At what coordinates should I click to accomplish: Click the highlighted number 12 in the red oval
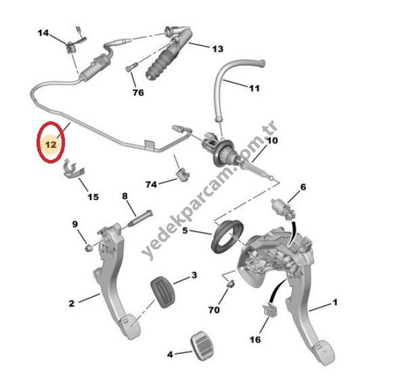point(51,144)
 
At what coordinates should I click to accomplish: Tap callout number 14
point(43,33)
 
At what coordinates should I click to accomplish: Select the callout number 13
point(217,49)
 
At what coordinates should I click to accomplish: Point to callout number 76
point(138,93)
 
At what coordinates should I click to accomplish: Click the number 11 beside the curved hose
point(255,88)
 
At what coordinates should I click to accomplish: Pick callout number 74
point(152,184)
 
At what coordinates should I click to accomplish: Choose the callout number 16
point(255,340)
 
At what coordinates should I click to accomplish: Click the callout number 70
point(214,310)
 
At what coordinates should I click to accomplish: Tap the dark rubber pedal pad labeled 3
point(162,292)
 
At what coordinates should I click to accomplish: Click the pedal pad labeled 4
point(202,346)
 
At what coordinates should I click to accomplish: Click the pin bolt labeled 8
point(140,218)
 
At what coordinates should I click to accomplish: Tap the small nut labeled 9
point(88,248)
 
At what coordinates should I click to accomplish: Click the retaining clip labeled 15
point(74,171)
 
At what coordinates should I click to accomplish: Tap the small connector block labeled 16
point(270,310)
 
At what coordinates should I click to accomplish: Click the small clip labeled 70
point(230,283)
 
